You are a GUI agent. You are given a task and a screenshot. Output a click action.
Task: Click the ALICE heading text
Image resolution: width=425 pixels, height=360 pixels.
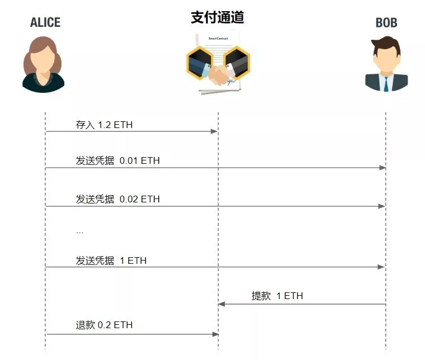pos(45,22)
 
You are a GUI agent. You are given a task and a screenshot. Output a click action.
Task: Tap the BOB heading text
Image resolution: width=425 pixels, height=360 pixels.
pos(386,23)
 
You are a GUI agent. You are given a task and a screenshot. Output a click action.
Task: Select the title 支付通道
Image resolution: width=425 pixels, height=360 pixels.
pos(217,17)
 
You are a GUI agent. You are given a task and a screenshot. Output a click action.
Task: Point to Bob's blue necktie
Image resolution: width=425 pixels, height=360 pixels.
pos(386,83)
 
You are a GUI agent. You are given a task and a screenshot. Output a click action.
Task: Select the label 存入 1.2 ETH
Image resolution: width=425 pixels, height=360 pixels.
pos(104,124)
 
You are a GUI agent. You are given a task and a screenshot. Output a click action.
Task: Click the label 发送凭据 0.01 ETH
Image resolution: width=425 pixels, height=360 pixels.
pos(117,161)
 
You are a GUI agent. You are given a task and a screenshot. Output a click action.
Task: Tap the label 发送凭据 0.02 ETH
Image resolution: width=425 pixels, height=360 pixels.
pos(117,199)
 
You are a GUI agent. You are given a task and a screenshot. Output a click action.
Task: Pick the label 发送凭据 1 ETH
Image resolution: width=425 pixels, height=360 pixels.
pos(111,260)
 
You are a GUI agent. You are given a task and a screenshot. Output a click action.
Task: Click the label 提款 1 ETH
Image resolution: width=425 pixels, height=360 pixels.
pos(277,296)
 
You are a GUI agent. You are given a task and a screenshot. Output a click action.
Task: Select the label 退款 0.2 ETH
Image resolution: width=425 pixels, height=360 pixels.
pos(104,325)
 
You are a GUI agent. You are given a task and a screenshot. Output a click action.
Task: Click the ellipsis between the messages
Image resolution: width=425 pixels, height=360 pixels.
pos(79,231)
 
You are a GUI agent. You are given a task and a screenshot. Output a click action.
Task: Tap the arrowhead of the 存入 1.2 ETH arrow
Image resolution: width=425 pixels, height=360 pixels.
pos(214,131)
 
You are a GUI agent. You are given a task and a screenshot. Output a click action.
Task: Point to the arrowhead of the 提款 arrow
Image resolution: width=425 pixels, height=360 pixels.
pos(222,304)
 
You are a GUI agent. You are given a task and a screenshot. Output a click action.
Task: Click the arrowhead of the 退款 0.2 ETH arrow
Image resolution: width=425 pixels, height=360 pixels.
pos(214,334)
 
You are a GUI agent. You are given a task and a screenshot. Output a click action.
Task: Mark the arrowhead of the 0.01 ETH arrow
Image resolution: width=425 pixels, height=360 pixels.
pos(382,168)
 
